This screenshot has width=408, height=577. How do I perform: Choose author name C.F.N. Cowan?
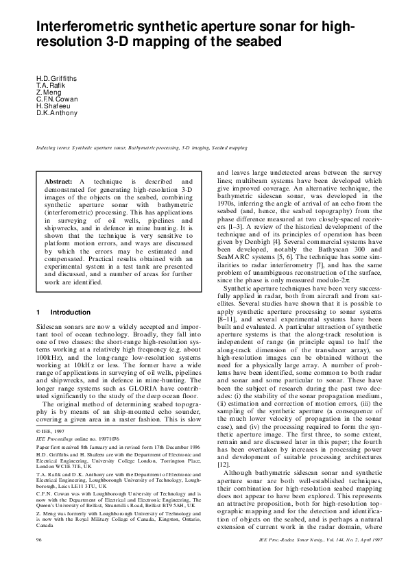pos(56,99)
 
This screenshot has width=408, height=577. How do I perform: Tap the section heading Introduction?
pos(71,312)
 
